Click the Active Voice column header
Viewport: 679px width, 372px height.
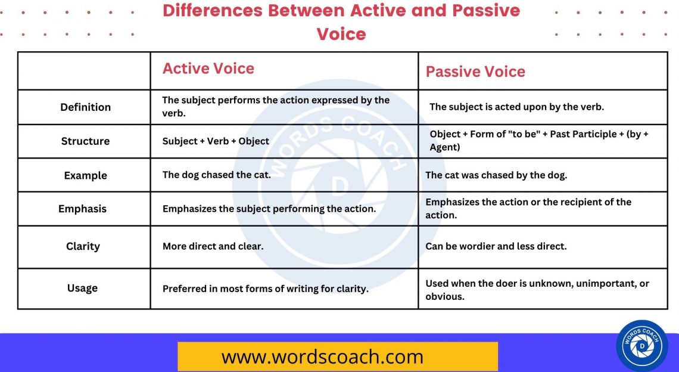coord(208,69)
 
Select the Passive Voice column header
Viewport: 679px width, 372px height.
coord(475,72)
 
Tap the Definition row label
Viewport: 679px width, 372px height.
coord(85,107)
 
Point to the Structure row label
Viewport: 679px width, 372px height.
coord(85,141)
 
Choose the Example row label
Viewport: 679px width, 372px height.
coord(85,176)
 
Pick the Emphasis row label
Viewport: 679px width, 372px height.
coord(82,209)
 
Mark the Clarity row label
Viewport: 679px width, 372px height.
coord(83,246)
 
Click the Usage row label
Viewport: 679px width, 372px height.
coord(82,288)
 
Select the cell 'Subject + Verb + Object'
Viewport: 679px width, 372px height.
coord(216,141)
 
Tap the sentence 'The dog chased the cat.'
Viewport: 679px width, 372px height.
coord(216,175)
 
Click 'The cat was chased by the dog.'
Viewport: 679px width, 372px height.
coord(496,175)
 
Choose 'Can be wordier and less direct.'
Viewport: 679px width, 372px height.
coord(496,246)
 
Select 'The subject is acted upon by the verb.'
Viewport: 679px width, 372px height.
coord(516,107)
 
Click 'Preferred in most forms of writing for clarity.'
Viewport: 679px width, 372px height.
coord(266,289)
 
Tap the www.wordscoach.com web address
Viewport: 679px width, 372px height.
coord(322,356)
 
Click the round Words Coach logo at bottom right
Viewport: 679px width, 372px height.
coord(642,346)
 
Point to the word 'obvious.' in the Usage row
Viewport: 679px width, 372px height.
coord(445,296)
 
